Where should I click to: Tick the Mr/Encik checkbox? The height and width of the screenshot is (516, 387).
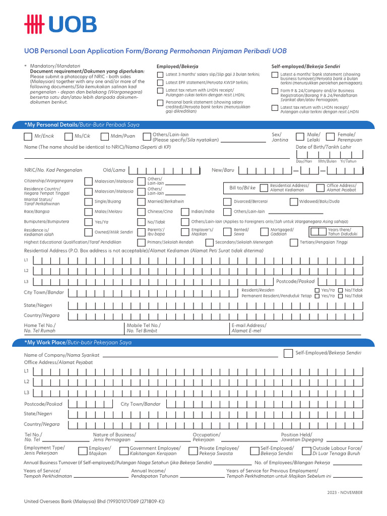(x=28, y=137)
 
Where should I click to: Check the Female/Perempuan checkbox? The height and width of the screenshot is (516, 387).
(x=330, y=137)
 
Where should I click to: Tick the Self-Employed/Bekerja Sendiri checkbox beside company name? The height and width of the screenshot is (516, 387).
(x=288, y=353)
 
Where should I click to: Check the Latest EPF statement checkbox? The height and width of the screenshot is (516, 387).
(x=160, y=83)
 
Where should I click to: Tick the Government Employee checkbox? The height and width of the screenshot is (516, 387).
(x=124, y=450)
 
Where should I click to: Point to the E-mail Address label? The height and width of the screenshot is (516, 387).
(x=249, y=326)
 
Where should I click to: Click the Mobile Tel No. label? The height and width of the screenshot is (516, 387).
(x=143, y=326)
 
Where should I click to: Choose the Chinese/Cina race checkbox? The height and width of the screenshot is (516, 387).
(x=141, y=212)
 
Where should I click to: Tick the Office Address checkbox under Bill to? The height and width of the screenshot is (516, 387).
(x=319, y=188)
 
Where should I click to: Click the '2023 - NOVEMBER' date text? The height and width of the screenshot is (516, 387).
(x=345, y=492)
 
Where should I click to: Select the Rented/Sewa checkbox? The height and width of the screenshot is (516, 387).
(x=227, y=232)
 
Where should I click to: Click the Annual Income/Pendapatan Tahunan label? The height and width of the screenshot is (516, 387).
(x=154, y=473)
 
